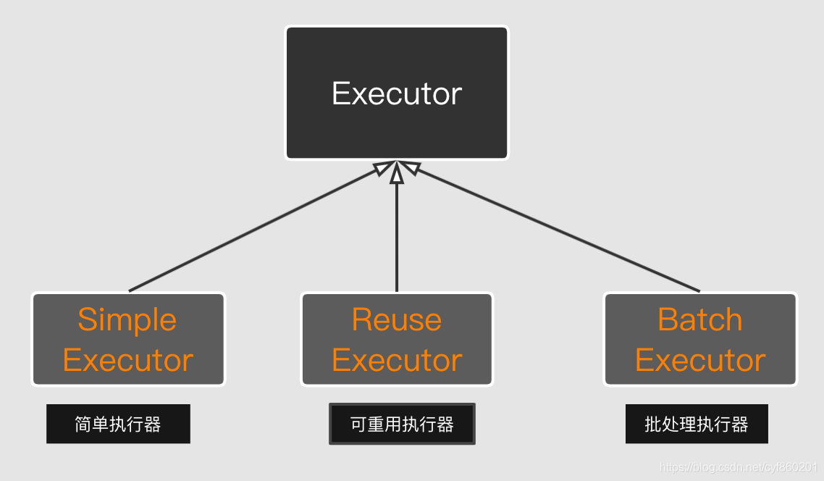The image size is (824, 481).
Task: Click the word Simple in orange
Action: [x=127, y=319]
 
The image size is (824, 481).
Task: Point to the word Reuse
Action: [x=397, y=319]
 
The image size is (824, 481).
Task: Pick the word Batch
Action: [x=700, y=319]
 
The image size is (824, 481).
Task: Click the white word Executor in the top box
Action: [x=397, y=93]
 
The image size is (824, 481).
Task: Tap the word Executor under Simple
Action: [x=128, y=360]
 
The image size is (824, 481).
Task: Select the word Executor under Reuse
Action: [x=397, y=360]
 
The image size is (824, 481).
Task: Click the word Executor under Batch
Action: [x=700, y=360]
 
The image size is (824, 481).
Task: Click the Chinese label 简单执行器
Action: [x=118, y=424]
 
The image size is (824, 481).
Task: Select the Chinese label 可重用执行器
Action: [x=402, y=424]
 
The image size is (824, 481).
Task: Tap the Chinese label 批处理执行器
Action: [x=697, y=424]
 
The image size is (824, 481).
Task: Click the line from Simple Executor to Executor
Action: [x=253, y=230]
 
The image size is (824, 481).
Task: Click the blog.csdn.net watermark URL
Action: [x=739, y=468]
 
